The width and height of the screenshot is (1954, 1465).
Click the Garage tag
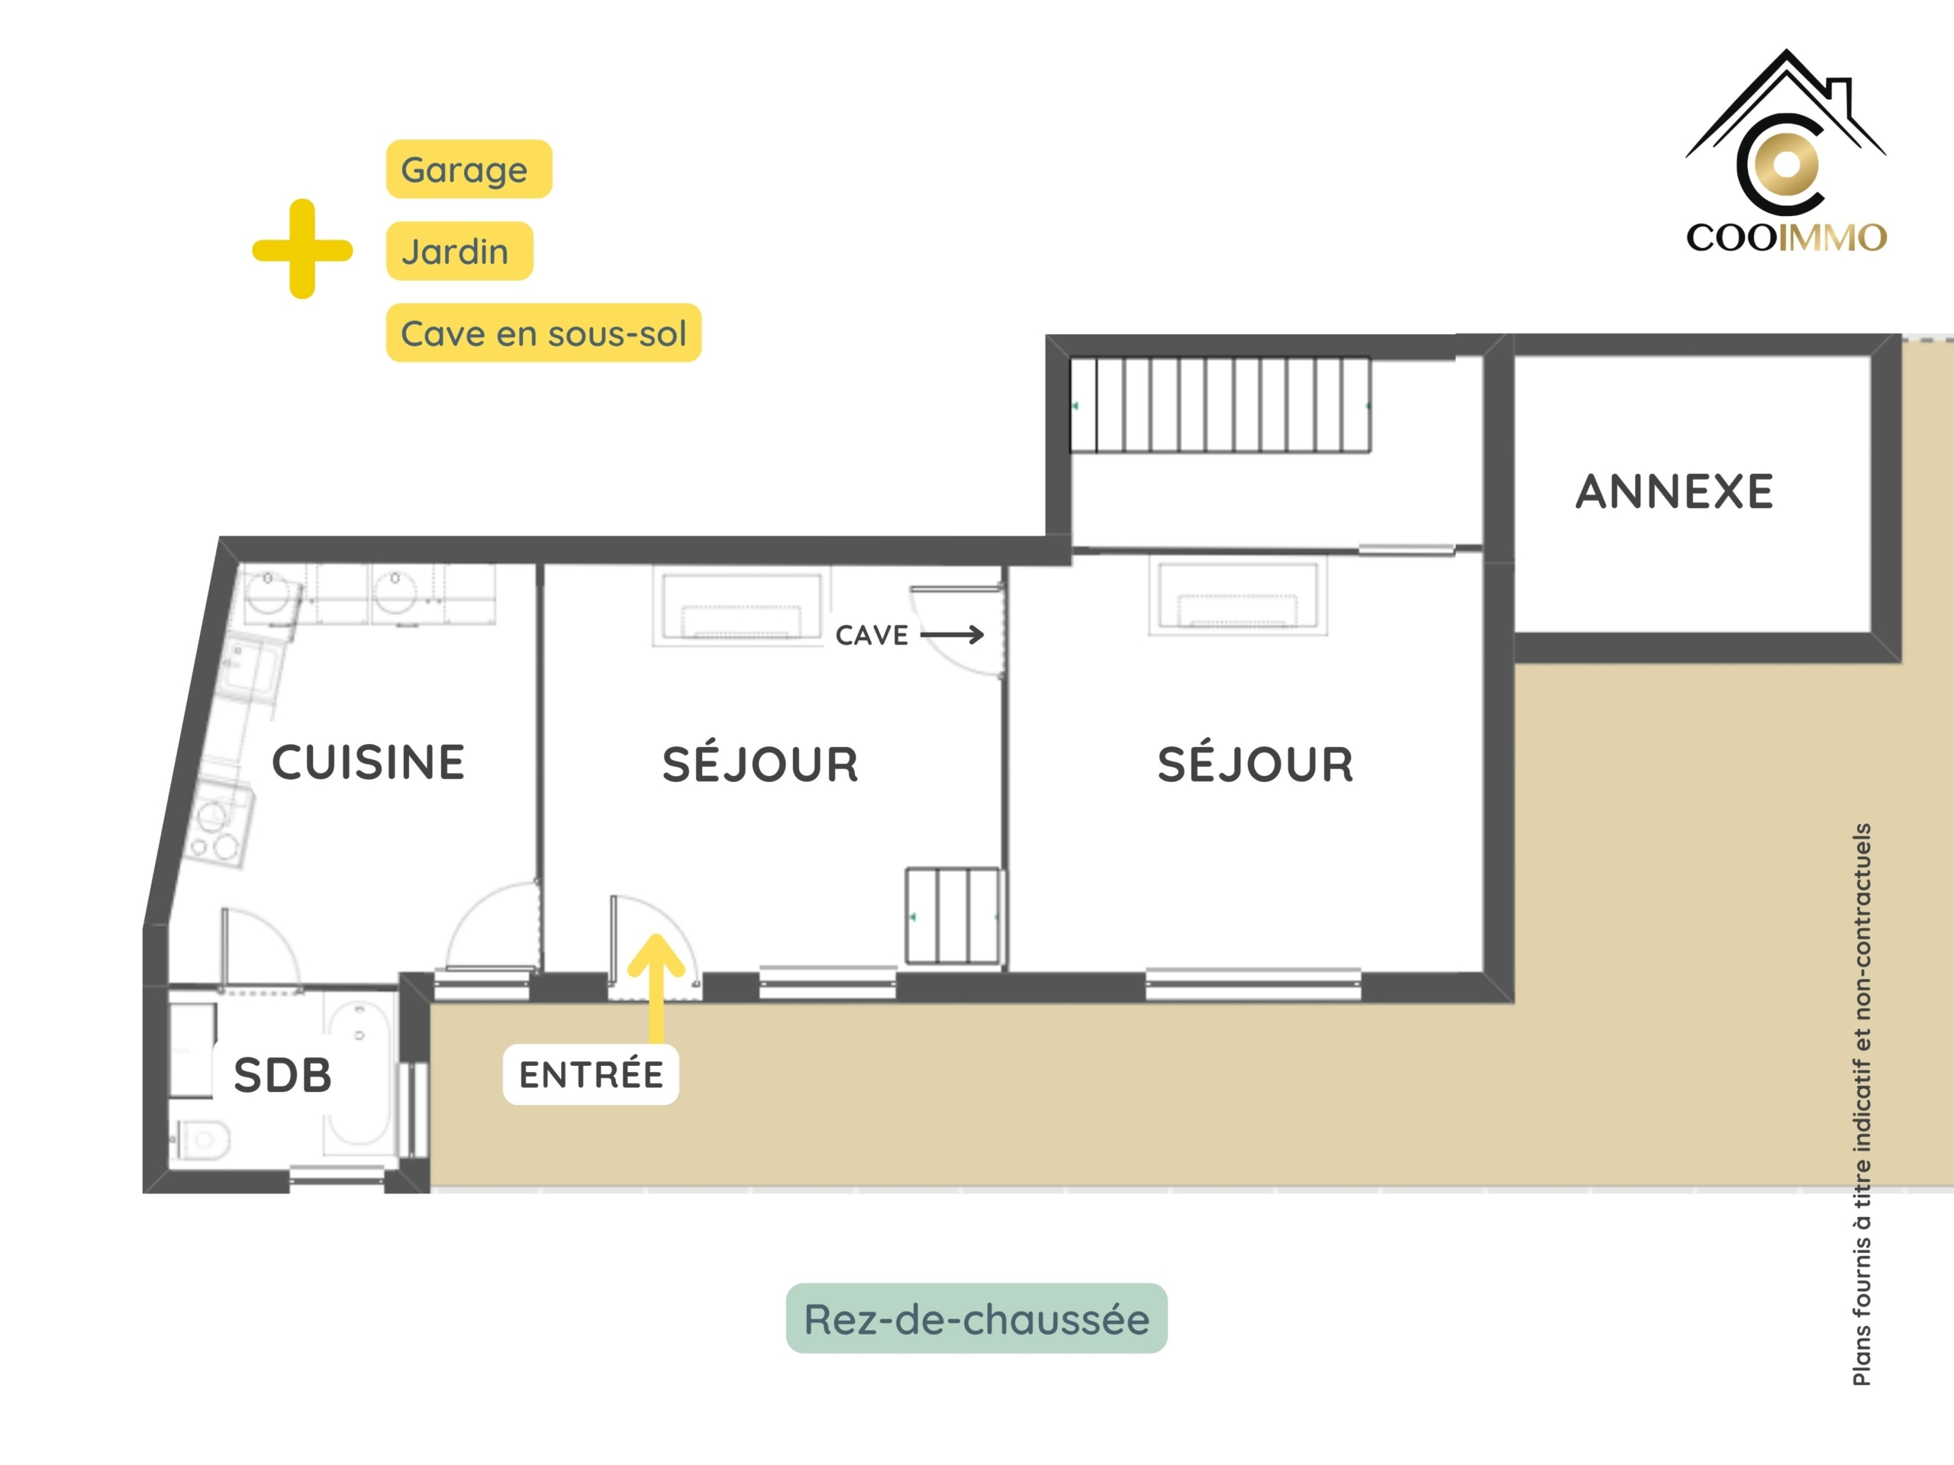click(468, 169)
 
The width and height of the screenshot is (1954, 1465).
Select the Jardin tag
click(459, 251)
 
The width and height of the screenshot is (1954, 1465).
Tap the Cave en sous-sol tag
click(543, 333)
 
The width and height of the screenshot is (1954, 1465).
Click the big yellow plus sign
click(302, 249)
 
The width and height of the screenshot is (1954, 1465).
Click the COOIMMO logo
click(1785, 152)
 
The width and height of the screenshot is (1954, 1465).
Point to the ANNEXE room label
click(1674, 492)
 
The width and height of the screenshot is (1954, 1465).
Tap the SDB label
click(282, 1074)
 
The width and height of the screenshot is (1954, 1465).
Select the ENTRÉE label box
click(591, 1074)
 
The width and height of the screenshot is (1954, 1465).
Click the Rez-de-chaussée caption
click(976, 1318)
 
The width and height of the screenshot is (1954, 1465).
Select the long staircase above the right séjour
click(1220, 405)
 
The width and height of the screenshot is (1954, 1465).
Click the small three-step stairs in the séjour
click(954, 916)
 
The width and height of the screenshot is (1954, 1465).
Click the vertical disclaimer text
click(1861, 1104)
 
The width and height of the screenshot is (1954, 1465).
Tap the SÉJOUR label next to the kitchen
click(760, 765)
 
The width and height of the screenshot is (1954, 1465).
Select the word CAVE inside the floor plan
click(872, 635)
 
